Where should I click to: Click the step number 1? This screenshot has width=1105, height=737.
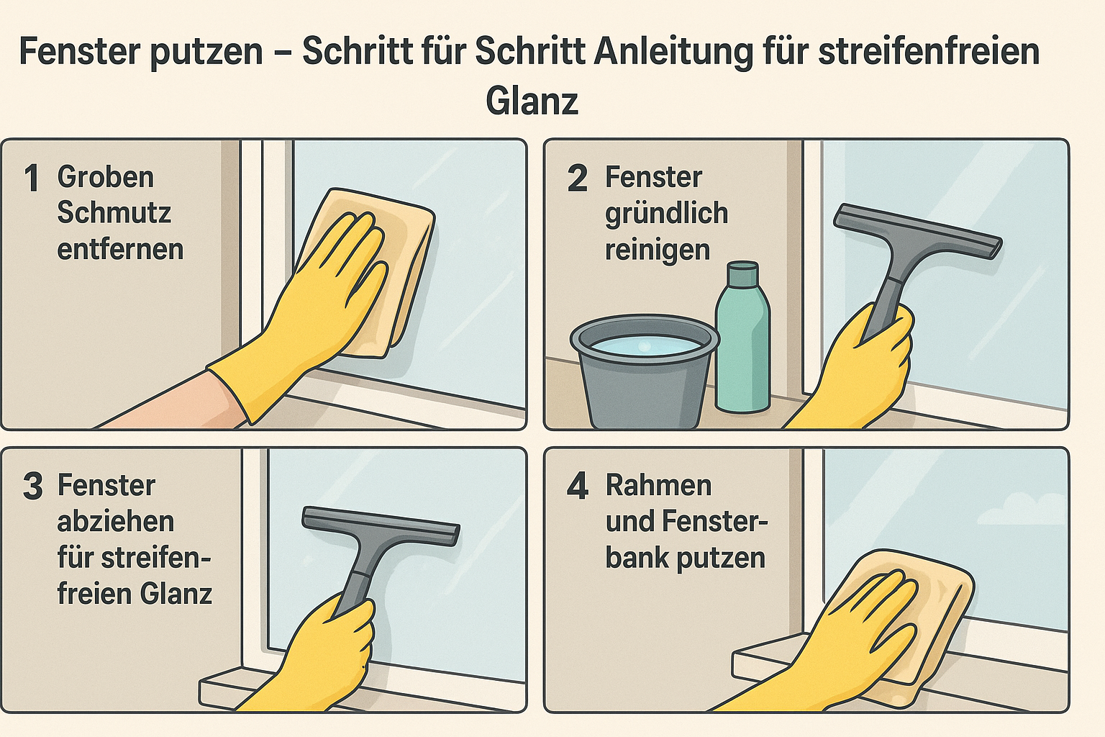tap(32, 178)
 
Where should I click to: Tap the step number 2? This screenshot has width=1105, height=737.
tap(577, 178)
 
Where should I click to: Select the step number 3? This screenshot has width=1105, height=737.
tap(32, 487)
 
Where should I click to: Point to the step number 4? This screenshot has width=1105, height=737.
tap(578, 487)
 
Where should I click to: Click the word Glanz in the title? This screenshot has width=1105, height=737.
tap(532, 101)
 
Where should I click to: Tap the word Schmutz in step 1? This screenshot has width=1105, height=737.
tap(114, 213)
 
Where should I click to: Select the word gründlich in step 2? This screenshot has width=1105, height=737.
tap(666, 214)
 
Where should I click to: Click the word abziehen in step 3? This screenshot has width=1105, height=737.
tap(115, 522)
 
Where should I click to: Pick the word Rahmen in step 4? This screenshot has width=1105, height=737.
tap(658, 486)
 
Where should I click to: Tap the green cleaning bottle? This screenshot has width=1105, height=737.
tap(742, 345)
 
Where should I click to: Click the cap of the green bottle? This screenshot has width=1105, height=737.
tap(743, 274)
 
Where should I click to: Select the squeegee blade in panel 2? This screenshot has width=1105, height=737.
tap(917, 231)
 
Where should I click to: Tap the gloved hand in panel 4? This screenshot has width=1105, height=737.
tap(856, 626)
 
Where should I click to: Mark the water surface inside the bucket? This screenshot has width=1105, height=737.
tap(644, 345)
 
